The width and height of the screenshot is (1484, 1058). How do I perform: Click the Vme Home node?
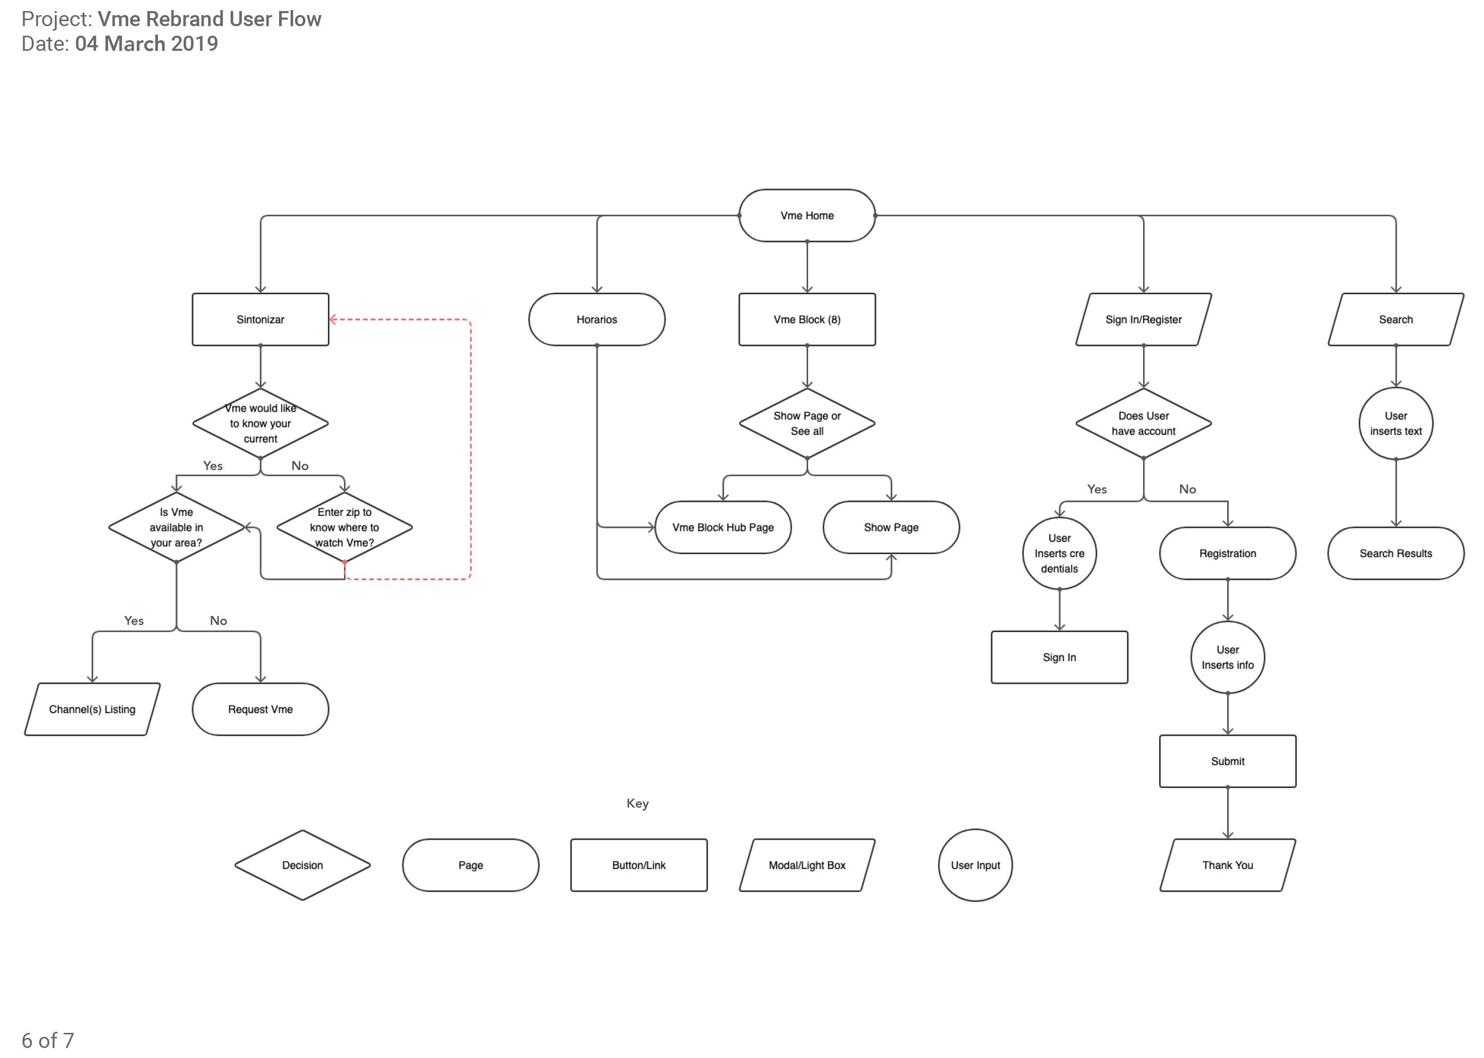pyautogui.click(x=807, y=216)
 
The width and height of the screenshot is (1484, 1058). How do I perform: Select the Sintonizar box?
pyautogui.click(x=260, y=319)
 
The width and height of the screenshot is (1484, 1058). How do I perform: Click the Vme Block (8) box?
pyautogui.click(x=807, y=319)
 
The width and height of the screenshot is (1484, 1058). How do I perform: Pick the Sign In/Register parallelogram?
pyautogui.click(x=1143, y=319)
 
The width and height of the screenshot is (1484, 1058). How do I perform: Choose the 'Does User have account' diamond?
pyautogui.click(x=1143, y=423)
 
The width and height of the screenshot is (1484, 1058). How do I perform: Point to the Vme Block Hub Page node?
pyautogui.click(x=723, y=527)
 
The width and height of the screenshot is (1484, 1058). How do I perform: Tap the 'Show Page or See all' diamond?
pyautogui.click(x=807, y=423)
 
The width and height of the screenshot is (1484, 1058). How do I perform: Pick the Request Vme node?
pyautogui.click(x=260, y=709)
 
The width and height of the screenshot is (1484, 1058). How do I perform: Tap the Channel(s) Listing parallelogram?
pyautogui.click(x=92, y=709)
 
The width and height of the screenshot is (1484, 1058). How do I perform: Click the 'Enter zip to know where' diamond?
pyautogui.click(x=344, y=527)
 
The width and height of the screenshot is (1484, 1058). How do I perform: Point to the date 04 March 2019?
pyautogui.click(x=146, y=44)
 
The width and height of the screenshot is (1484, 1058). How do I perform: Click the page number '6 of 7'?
pyautogui.click(x=48, y=1040)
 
